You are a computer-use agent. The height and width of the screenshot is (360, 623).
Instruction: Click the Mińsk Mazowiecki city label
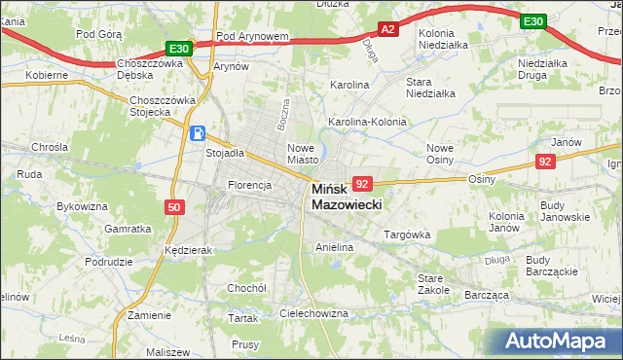coord(347,198)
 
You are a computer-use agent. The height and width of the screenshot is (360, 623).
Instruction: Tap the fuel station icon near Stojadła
coord(197,134)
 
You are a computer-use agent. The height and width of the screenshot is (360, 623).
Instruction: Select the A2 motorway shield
coord(387,30)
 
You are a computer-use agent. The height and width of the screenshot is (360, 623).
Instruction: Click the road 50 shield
coord(173,207)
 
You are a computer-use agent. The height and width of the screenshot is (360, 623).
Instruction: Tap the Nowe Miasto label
coord(303,153)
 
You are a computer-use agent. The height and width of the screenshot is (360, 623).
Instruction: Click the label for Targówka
coord(407,234)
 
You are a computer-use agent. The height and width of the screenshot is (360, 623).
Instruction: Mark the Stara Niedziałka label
coord(430,88)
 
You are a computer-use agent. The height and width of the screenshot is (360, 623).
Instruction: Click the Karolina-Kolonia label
coord(367,123)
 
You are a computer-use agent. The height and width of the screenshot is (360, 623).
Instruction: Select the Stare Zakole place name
coord(433,283)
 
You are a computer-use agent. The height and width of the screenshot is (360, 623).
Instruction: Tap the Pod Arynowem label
coord(253,36)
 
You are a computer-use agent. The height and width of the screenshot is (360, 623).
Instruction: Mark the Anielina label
coord(334,248)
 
